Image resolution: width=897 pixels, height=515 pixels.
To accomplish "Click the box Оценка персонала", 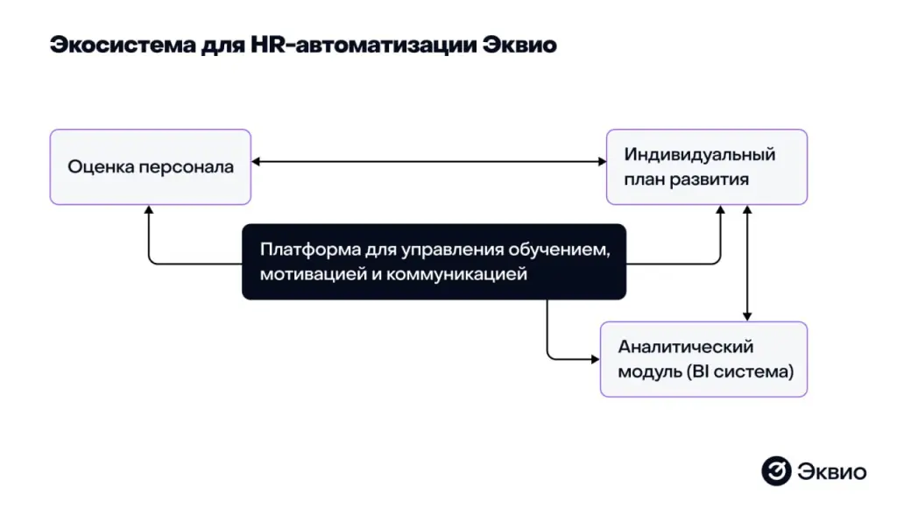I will [x=151, y=166].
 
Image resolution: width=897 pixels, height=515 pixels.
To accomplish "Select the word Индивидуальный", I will [x=700, y=155].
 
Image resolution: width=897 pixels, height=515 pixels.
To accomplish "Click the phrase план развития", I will [x=686, y=180].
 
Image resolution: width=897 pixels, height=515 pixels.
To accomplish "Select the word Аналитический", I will [x=686, y=347].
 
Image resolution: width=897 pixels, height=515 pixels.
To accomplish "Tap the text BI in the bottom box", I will [x=697, y=371].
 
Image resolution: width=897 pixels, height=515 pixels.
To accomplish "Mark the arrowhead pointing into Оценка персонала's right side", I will [x=255, y=162].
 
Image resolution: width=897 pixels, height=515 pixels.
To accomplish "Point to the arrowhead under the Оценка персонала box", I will [x=149, y=210].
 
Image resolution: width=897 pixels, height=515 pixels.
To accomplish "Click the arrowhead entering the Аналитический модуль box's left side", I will [x=595, y=358].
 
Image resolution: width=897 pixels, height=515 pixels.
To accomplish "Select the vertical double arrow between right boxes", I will [x=746, y=263].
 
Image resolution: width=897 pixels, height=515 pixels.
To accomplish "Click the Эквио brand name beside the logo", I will [x=831, y=471].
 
